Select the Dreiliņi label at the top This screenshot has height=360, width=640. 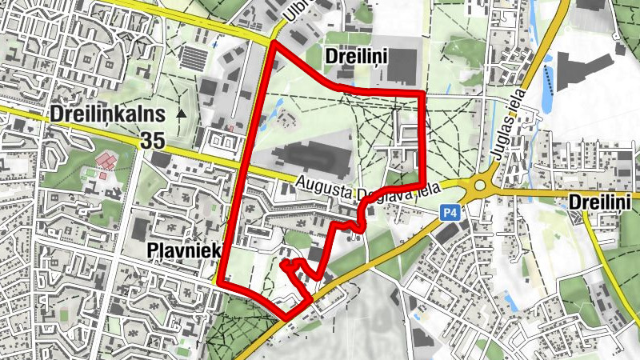coord(357,55)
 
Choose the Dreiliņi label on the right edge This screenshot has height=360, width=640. coord(600,201)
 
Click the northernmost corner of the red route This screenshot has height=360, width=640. coord(273,42)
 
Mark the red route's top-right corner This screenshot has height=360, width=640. coord(423,94)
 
